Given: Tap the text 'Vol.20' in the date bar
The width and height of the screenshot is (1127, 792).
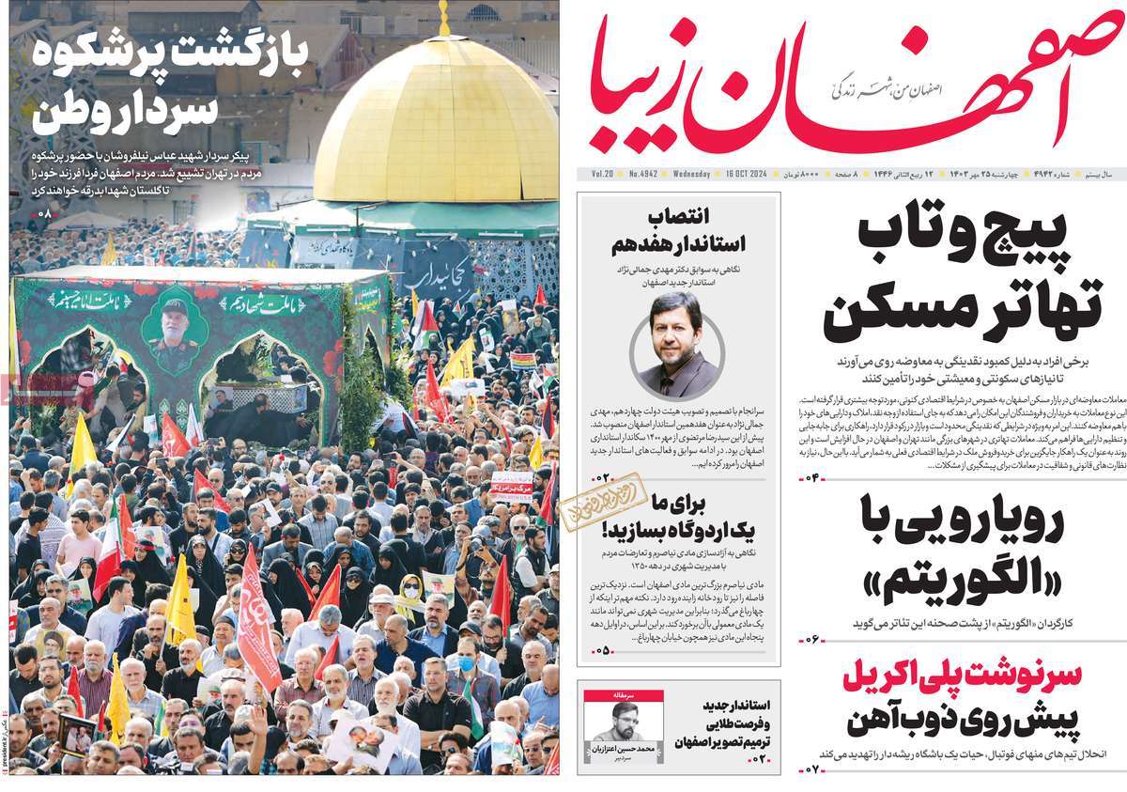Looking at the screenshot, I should (601, 175).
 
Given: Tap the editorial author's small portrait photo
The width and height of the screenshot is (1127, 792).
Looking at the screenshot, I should (617, 723).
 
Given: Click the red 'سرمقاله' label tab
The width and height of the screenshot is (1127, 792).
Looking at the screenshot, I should (617, 696).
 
